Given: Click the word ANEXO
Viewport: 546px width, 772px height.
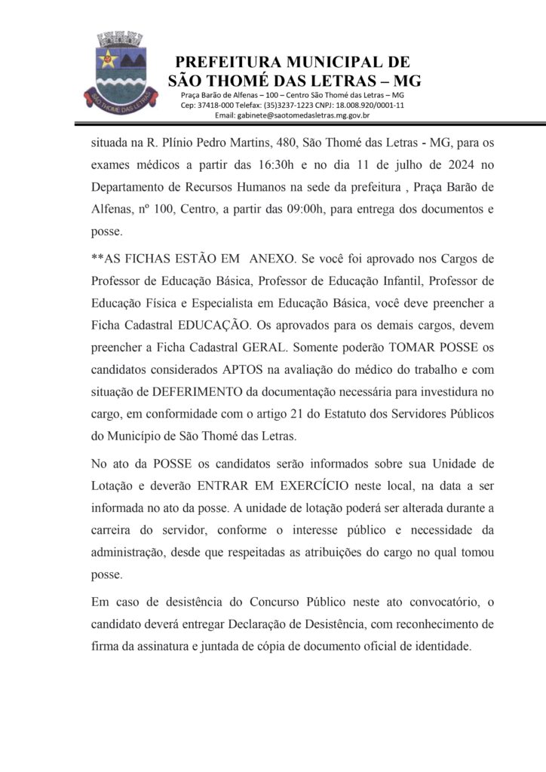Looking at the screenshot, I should coord(275,259).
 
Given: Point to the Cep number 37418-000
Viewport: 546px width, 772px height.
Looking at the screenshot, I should coord(215,106).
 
